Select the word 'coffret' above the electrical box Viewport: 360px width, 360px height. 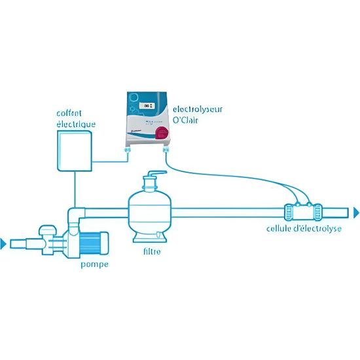pyautogui.click(x=69, y=113)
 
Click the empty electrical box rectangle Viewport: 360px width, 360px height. pyautogui.click(x=76, y=151)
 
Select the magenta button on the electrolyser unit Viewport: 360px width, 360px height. pyautogui.click(x=160, y=134)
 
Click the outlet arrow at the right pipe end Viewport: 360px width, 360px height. pyautogui.click(x=355, y=211)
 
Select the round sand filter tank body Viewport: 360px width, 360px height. pyautogui.click(x=151, y=211)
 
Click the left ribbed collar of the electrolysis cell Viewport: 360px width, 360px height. pyautogui.click(x=289, y=212)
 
